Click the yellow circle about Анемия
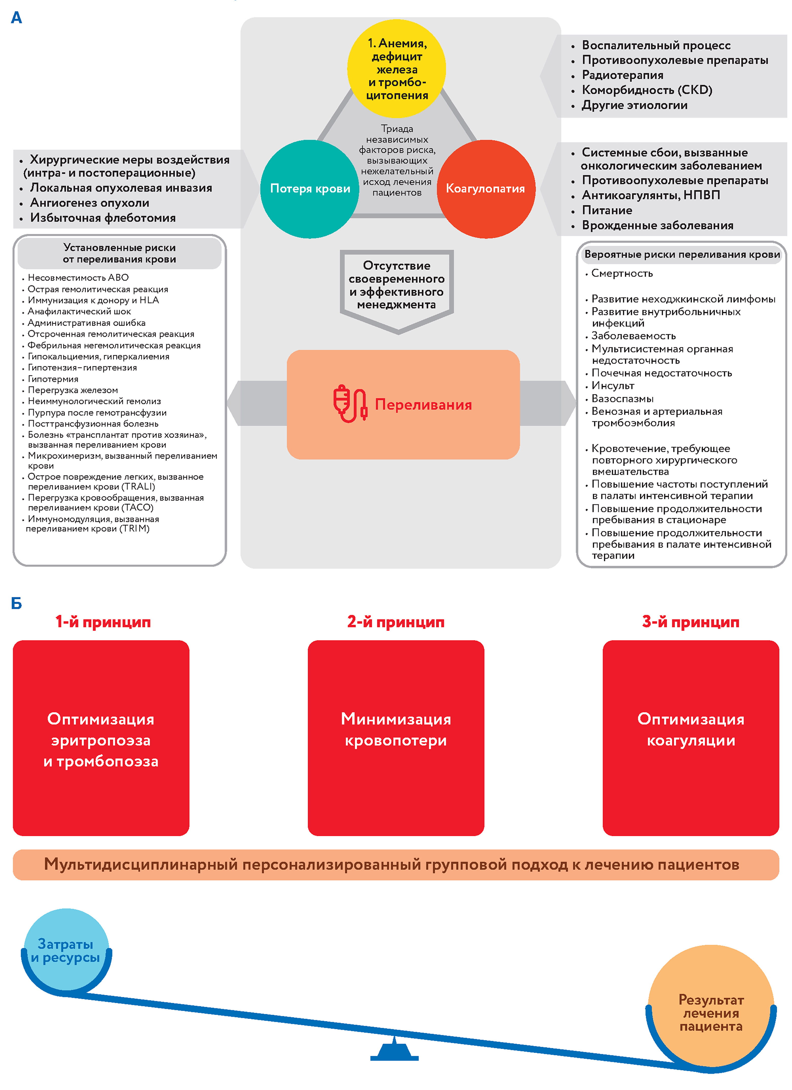396,69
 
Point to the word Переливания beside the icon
423,405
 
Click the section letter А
16,18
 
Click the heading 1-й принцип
103,622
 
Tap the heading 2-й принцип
396,622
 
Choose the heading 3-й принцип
691,622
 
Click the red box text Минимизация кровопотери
396,729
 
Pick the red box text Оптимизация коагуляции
691,729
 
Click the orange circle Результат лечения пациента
711,1012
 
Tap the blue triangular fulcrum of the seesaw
394,1051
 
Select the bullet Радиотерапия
622,75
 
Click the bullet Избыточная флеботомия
103,218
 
